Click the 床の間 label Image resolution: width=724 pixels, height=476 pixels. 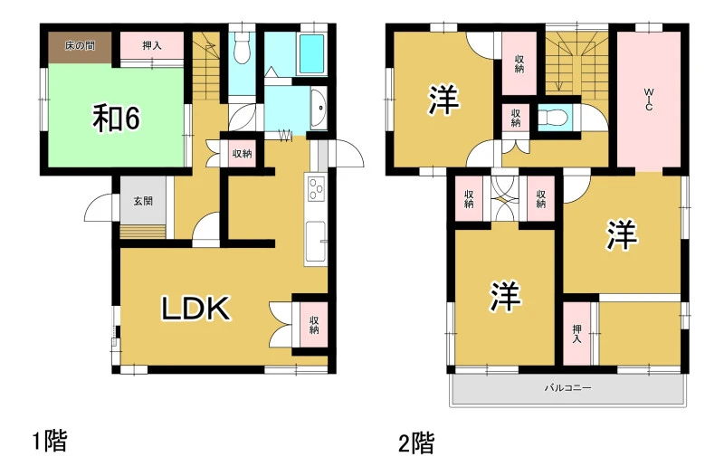click(80, 46)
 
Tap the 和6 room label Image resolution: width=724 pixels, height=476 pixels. click(117, 119)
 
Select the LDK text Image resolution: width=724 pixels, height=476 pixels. click(195, 309)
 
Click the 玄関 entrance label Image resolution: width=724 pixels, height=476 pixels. click(143, 201)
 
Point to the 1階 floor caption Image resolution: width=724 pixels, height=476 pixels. click(50, 441)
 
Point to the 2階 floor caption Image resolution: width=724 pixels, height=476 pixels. click(416, 443)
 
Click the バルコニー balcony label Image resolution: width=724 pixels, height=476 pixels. click(567, 388)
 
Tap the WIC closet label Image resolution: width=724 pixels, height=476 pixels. click(649, 100)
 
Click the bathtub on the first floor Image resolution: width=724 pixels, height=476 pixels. click(312, 54)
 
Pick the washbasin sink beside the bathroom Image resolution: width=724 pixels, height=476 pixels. click(319, 109)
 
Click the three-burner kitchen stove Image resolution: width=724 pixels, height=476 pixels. click(316, 189)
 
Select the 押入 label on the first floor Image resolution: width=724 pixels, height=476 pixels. click(152, 46)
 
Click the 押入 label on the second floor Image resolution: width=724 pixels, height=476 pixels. click(576, 333)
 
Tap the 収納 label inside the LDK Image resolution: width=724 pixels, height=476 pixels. click(314, 325)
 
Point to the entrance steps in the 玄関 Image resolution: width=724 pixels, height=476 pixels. click(143, 232)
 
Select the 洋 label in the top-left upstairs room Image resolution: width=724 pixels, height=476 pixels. click(443, 100)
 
